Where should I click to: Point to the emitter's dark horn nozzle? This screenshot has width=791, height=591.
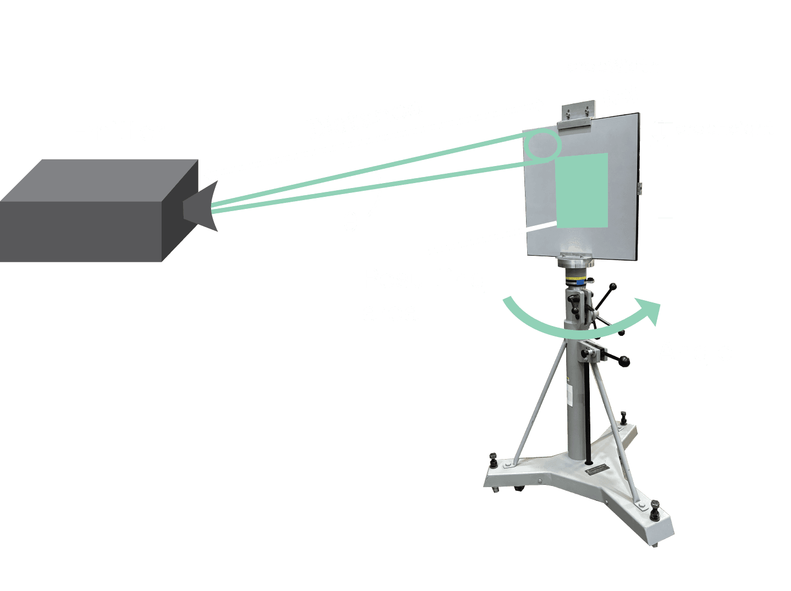(x=199, y=207)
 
